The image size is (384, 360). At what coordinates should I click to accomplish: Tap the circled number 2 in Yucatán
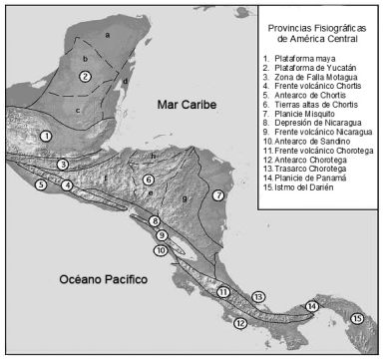tap(86, 77)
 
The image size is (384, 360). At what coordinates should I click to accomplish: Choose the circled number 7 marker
tap(218, 195)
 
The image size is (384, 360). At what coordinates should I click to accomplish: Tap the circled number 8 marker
tap(155, 220)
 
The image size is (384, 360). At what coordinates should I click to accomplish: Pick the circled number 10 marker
tap(160, 250)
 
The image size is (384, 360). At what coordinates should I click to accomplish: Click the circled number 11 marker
tap(223, 291)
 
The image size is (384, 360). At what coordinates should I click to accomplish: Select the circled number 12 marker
tap(239, 323)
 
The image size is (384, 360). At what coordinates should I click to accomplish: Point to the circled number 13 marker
tap(257, 296)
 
